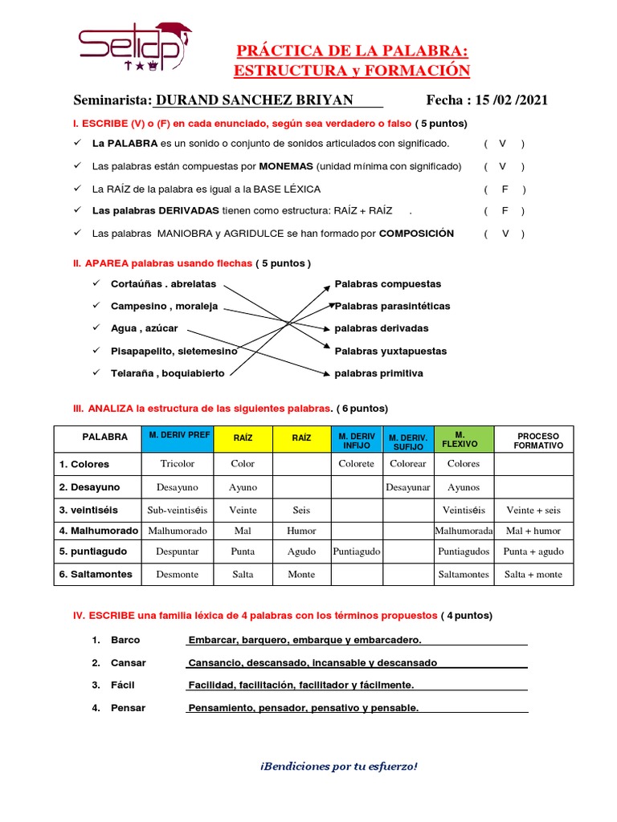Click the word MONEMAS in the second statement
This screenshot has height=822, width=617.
(286, 166)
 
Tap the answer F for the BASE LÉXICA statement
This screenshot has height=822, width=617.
(505, 189)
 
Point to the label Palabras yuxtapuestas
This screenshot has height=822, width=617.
(390, 351)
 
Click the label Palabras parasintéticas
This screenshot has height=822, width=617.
(392, 306)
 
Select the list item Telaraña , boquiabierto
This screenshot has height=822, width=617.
(168, 373)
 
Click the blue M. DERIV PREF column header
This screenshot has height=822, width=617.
(178, 435)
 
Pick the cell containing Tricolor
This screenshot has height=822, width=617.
(178, 464)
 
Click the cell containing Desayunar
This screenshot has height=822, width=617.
(408, 487)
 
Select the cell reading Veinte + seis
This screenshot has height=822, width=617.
(533, 510)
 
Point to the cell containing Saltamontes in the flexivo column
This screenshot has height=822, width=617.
(463, 574)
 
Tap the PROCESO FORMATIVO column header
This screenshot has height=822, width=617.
(538, 440)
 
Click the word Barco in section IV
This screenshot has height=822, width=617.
(125, 640)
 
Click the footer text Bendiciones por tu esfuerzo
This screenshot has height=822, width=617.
(338, 766)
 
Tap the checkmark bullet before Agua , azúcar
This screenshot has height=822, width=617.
(96, 328)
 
